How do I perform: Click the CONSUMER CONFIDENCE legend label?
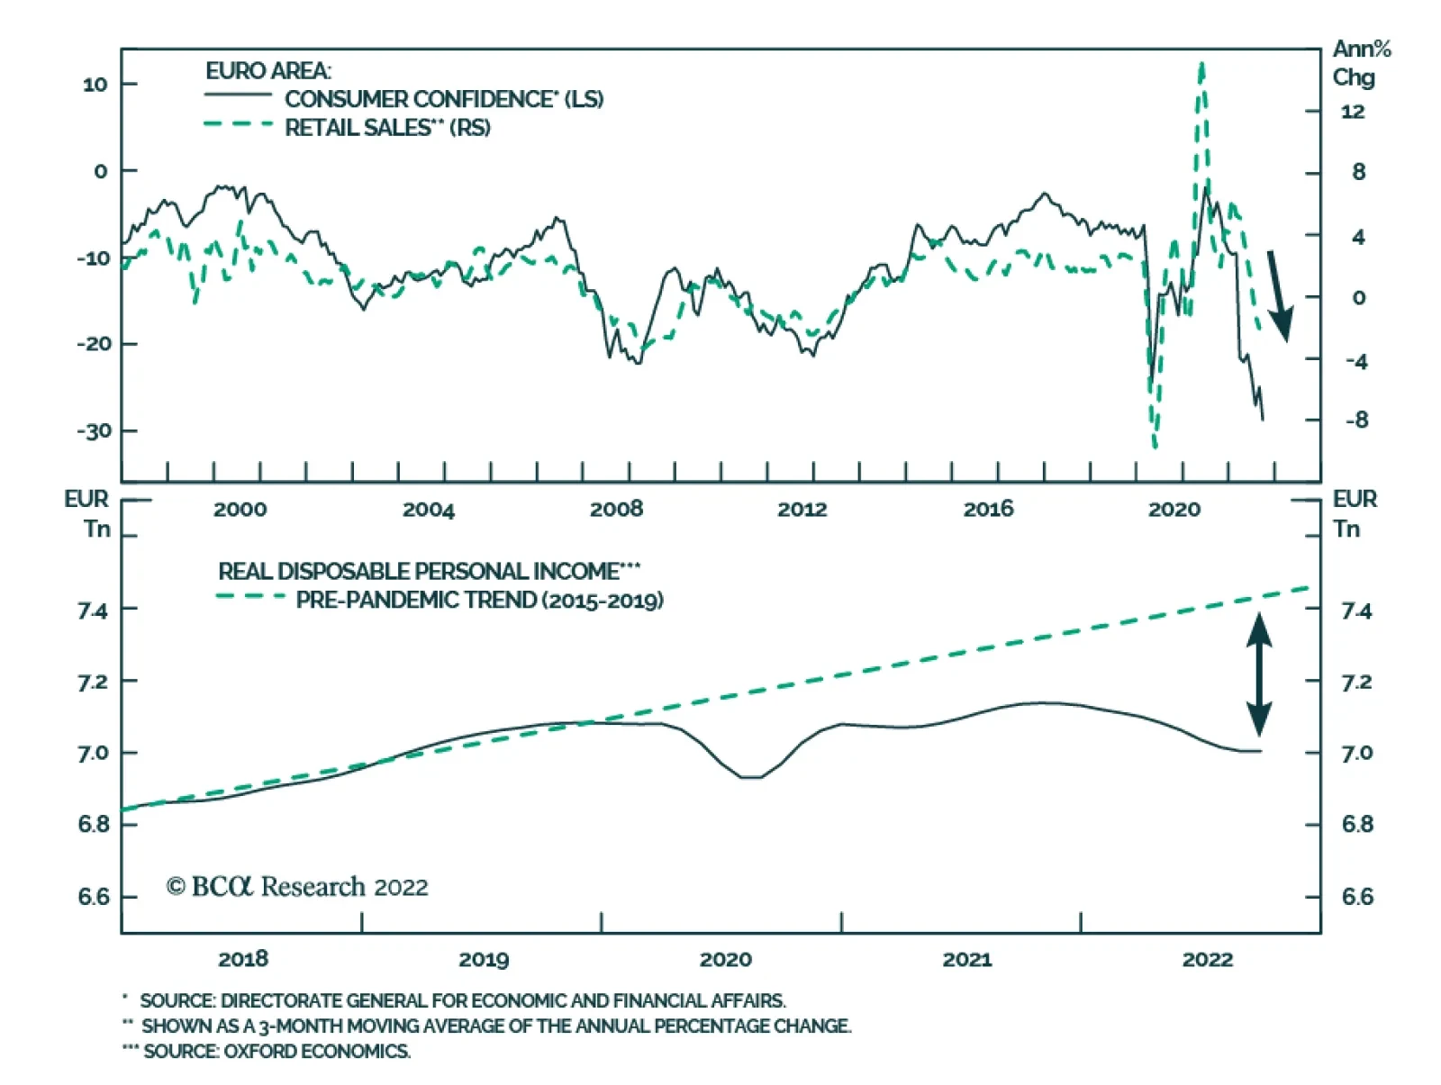point(444,98)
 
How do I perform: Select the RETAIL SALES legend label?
point(387,127)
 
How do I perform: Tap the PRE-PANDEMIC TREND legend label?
point(479,600)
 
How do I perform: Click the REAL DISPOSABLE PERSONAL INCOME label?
point(429,571)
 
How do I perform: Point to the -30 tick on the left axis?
point(93,430)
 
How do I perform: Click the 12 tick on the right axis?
point(1352,112)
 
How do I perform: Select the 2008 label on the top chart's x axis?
point(616,510)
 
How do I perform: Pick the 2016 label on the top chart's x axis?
point(988,510)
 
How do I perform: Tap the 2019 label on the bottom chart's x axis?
point(484,959)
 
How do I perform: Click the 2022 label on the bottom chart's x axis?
point(1207,959)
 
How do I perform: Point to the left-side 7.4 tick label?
point(93,610)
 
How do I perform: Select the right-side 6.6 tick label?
point(1356,896)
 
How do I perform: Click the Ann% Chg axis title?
point(1360,63)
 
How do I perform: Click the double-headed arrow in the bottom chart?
point(1258,674)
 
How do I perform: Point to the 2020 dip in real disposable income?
point(750,776)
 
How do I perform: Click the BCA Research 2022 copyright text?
point(297,887)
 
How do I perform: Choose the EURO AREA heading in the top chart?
point(267,70)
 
